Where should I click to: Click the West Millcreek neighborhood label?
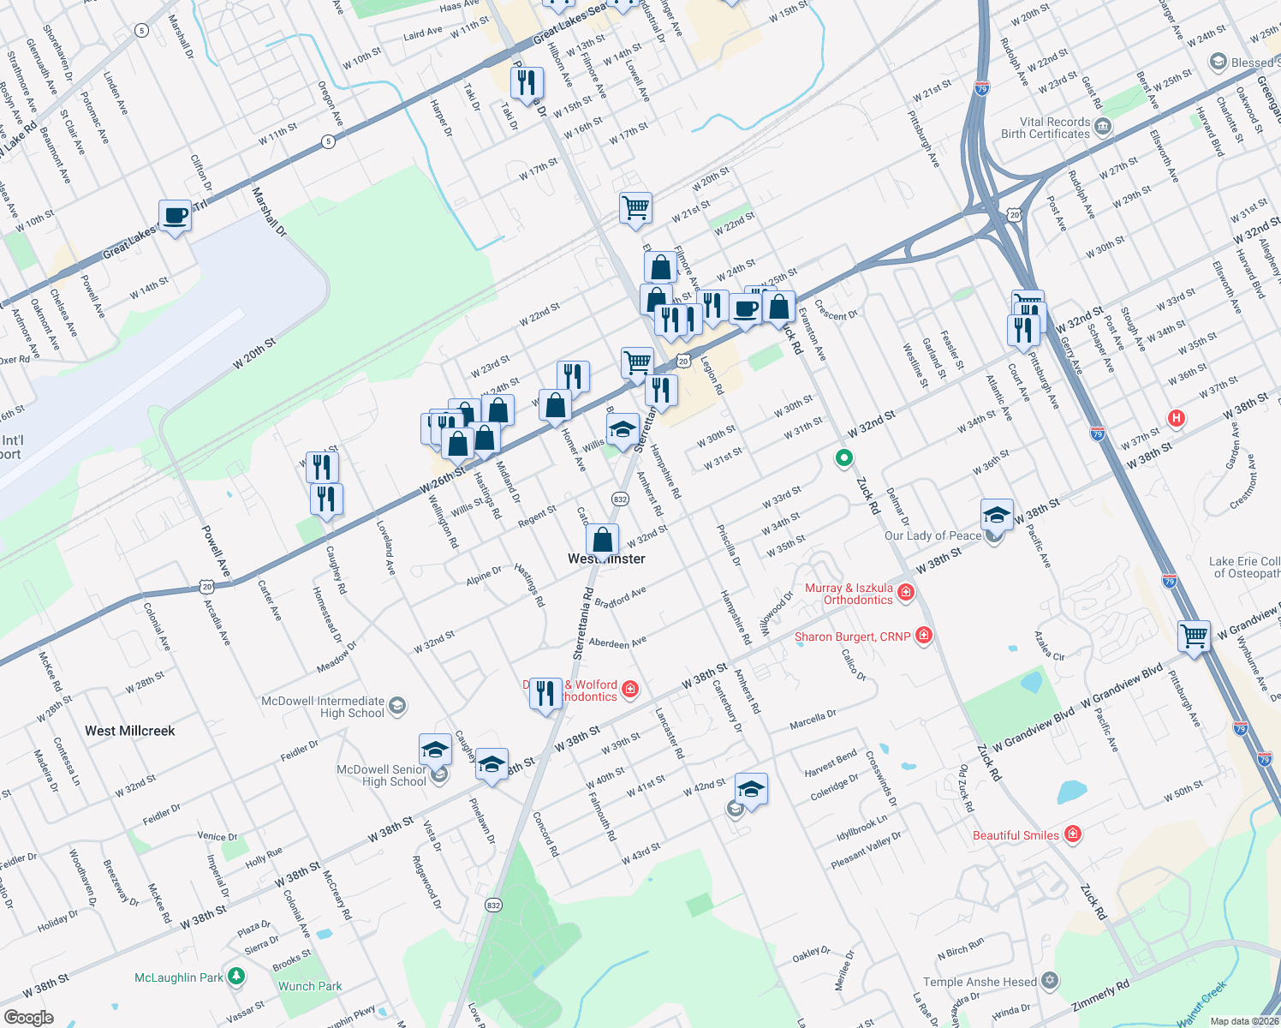(x=129, y=731)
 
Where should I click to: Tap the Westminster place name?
(x=606, y=559)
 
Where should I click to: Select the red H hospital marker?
(x=1177, y=418)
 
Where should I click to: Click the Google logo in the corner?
(x=28, y=1018)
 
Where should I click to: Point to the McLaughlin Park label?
(x=178, y=977)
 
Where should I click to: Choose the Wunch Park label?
(x=310, y=986)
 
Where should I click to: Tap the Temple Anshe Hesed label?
(x=980, y=982)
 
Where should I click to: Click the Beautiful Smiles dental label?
(x=1016, y=835)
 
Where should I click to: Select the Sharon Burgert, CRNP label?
(x=852, y=637)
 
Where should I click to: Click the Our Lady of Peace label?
(x=932, y=535)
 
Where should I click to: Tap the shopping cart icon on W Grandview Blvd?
(x=1194, y=636)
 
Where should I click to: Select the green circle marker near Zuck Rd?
(x=843, y=458)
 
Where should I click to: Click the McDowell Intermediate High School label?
(x=323, y=707)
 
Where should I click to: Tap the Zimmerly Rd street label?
(x=1100, y=995)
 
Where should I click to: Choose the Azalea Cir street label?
(x=1049, y=646)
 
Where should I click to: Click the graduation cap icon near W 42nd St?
(x=750, y=789)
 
